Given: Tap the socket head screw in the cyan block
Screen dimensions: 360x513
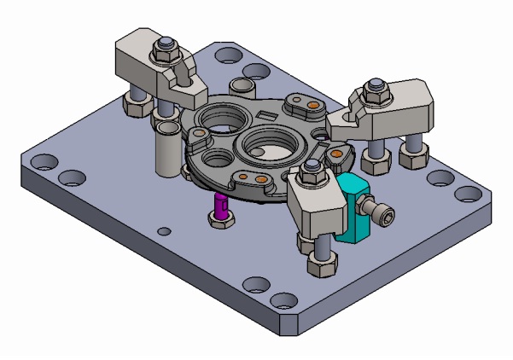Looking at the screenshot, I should coord(387,219).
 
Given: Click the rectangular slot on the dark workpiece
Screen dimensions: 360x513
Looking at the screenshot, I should coord(265,113).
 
